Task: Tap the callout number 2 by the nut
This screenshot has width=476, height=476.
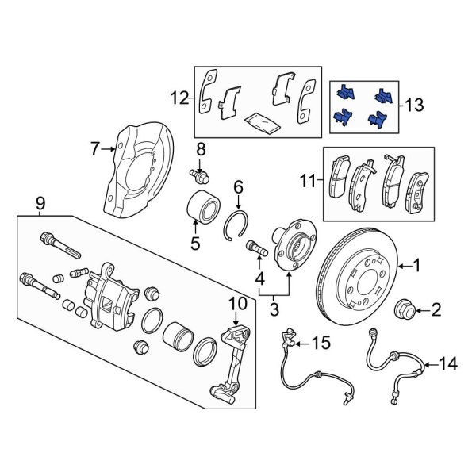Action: click(x=435, y=309)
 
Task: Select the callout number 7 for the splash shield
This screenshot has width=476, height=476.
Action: click(x=95, y=148)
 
